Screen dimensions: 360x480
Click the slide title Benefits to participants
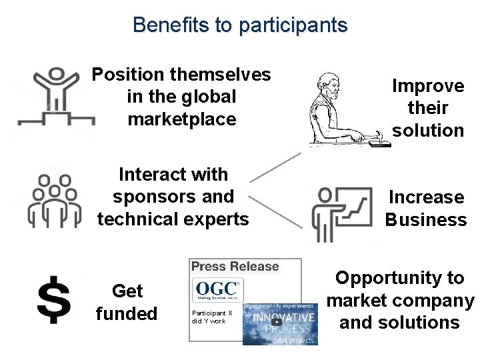[240, 25]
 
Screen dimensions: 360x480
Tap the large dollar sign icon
[53, 301]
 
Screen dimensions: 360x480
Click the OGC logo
[217, 291]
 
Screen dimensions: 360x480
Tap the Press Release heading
[235, 267]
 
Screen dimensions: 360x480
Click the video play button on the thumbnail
[276, 322]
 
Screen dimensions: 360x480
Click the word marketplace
[181, 119]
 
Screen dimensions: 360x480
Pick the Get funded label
[127, 302]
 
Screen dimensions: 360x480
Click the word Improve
[427, 86]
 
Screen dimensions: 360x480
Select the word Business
[425, 219]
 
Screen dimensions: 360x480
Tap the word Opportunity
[399, 278]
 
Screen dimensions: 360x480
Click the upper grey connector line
[275, 167]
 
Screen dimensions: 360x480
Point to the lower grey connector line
[275, 213]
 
